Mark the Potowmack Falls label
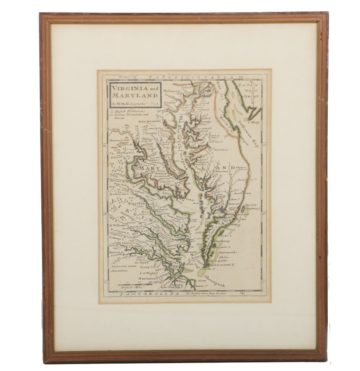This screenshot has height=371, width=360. [120, 140]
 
